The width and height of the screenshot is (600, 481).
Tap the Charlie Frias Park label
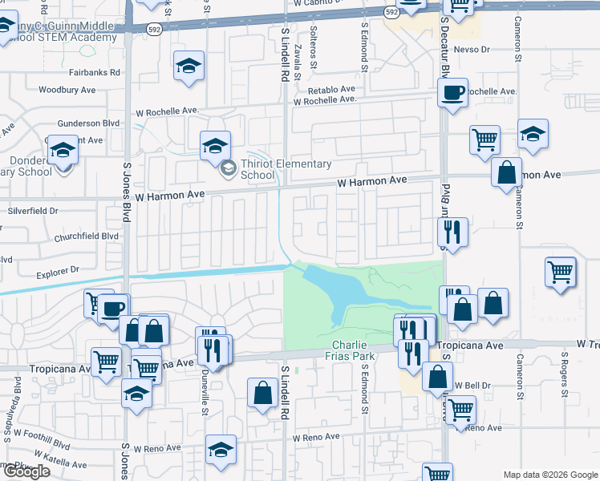click(354, 350)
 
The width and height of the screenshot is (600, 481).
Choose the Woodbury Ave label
click(67, 90)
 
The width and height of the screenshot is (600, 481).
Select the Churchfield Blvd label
click(87, 236)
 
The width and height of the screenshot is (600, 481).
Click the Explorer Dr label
click(59, 272)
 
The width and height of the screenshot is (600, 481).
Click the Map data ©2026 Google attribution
click(549, 474)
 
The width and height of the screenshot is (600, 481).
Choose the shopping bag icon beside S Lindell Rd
click(264, 393)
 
